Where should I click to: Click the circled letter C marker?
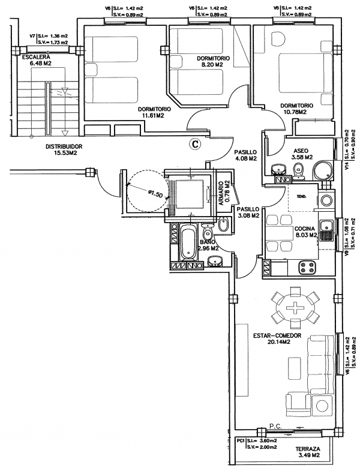click(195, 144)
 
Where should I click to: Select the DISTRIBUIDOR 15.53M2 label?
click(64, 150)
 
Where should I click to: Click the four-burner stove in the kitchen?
click(307, 267)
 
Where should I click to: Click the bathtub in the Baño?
click(189, 242)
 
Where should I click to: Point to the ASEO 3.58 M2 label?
click(303, 154)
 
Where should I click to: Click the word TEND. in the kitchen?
click(302, 197)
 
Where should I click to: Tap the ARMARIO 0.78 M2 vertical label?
click(224, 193)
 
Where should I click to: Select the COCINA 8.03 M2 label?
click(305, 232)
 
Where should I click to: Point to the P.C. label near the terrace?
click(275, 425)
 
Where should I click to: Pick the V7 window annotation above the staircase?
click(49, 39)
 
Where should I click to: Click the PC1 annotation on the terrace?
click(257, 443)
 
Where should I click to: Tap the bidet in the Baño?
click(223, 224)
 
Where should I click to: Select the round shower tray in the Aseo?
click(322, 170)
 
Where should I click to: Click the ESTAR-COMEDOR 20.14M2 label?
click(277, 338)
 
